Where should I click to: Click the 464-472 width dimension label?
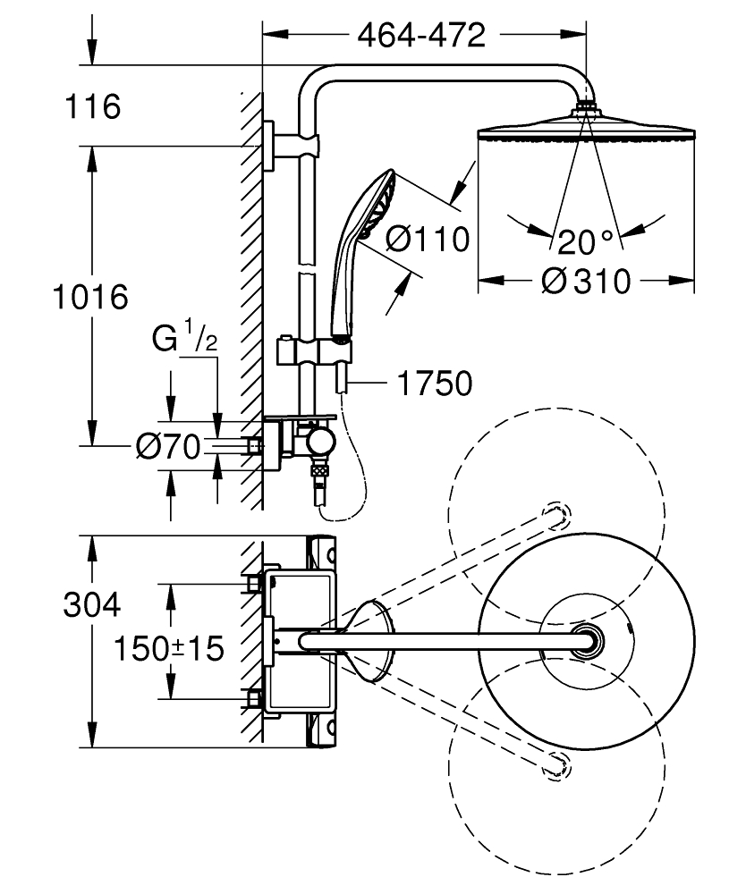point(421,36)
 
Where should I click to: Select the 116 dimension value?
point(93,106)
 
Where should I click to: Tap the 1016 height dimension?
point(90,297)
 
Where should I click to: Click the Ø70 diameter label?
point(169,446)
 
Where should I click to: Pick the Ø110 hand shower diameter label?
point(428,239)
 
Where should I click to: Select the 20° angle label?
point(585,241)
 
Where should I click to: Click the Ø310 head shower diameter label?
point(586,281)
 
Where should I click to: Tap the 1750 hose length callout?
point(435,384)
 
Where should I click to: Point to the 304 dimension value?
point(92,604)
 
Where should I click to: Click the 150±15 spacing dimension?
point(169,648)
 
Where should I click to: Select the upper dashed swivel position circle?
point(556,409)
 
